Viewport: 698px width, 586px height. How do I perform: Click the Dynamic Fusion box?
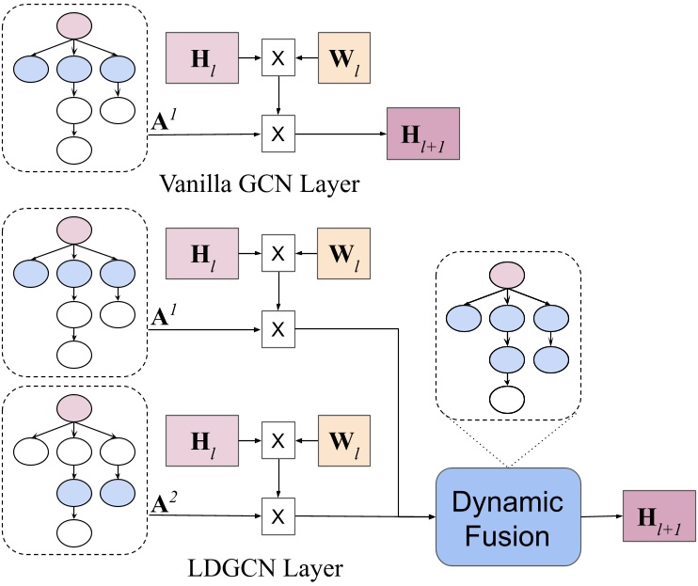(507, 516)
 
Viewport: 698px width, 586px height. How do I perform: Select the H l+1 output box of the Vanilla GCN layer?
(422, 134)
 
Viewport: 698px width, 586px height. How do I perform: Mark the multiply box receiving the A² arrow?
(278, 516)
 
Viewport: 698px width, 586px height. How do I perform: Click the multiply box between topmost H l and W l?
(278, 56)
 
